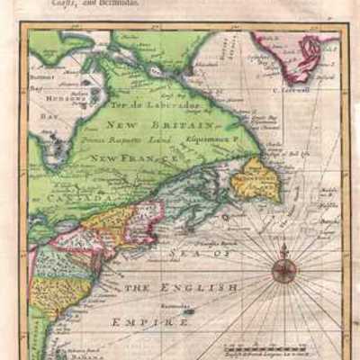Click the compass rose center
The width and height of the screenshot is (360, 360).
pos(284,268)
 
